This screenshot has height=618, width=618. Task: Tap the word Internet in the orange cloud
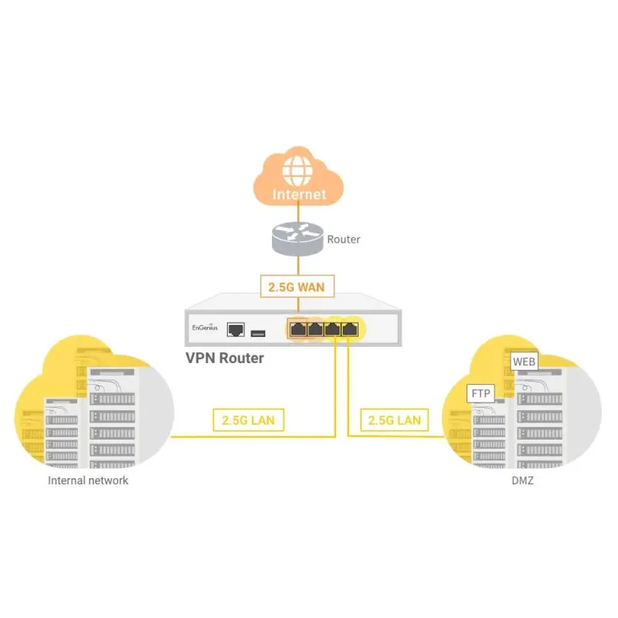pos(299,195)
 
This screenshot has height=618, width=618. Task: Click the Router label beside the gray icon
pos(344,239)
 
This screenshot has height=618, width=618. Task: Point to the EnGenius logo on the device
pos(205,328)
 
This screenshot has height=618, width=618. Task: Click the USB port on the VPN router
pos(257,332)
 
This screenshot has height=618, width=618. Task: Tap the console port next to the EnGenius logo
pos(236,331)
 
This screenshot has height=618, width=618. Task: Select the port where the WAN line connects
pos(298,329)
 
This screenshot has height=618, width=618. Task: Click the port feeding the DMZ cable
pos(350,329)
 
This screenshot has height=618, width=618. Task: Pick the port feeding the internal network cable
pos(334,329)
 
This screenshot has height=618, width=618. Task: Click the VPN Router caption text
pos(225,358)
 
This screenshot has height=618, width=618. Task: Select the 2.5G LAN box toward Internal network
pos(247,420)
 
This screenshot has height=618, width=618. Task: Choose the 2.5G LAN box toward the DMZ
pos(394,420)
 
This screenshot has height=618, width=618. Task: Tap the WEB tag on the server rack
pos(524,361)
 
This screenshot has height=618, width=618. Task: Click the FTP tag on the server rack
pos(480,394)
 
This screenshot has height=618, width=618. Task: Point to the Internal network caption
pos(88,480)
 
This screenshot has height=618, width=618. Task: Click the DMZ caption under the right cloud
pos(522,480)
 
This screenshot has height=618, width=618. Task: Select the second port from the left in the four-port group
pos(315,329)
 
